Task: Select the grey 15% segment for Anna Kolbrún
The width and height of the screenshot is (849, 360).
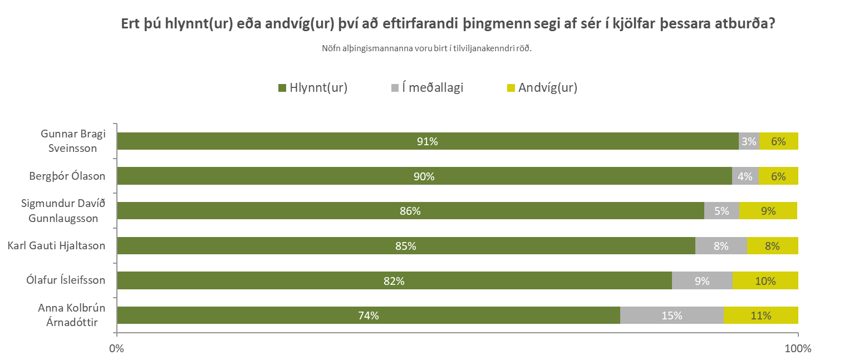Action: pos(671,315)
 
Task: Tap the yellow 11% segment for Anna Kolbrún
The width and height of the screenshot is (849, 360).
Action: pos(760,315)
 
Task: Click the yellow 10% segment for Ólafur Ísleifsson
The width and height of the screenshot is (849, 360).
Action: pos(765,281)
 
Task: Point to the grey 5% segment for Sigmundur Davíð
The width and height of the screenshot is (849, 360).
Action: pos(722,211)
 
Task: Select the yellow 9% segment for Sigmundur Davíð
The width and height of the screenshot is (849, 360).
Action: pos(768,211)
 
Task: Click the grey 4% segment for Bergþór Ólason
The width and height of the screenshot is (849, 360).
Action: pos(745,176)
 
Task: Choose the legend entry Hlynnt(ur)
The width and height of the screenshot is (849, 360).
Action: pos(317,87)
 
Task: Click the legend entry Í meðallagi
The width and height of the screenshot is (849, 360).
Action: pos(432,87)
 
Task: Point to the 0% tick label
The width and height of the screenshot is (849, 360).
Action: pos(116,349)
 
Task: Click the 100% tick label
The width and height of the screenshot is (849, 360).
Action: pos(798,349)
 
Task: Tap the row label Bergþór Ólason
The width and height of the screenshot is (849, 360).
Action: pos(67,176)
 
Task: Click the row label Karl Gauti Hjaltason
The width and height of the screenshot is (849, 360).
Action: pos(56,245)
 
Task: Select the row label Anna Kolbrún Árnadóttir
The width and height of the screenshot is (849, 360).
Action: pos(71,315)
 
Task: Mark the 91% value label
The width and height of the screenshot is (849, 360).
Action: pos(428,141)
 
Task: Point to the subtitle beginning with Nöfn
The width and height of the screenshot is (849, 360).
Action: pos(427,48)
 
